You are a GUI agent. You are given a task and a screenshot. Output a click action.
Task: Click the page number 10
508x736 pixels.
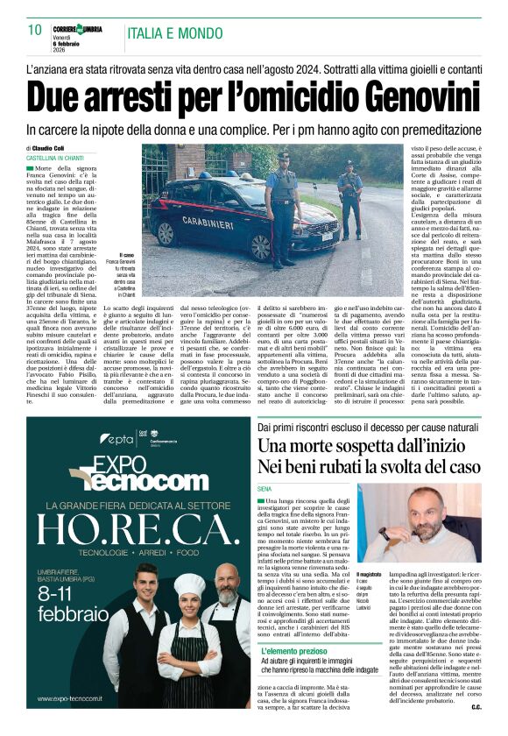35,31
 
